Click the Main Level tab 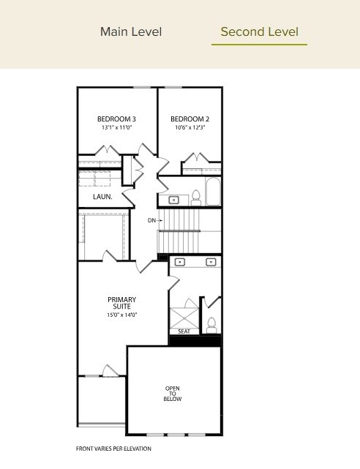click(x=131, y=31)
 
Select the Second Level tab click(x=259, y=31)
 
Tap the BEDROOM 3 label click(x=116, y=119)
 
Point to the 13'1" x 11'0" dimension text click(x=116, y=127)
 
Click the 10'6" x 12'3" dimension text click(x=190, y=127)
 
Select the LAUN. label click(x=102, y=197)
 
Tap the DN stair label click(x=151, y=220)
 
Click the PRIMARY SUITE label click(x=121, y=303)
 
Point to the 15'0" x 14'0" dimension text click(x=121, y=315)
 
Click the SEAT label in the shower click(x=184, y=331)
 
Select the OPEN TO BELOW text click(x=173, y=394)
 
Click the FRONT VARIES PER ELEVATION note click(x=113, y=449)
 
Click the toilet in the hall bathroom click(x=196, y=195)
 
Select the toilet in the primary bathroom click(x=211, y=323)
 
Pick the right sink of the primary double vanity click(x=211, y=261)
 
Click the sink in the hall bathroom click(x=175, y=199)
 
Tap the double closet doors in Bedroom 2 click(x=198, y=159)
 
